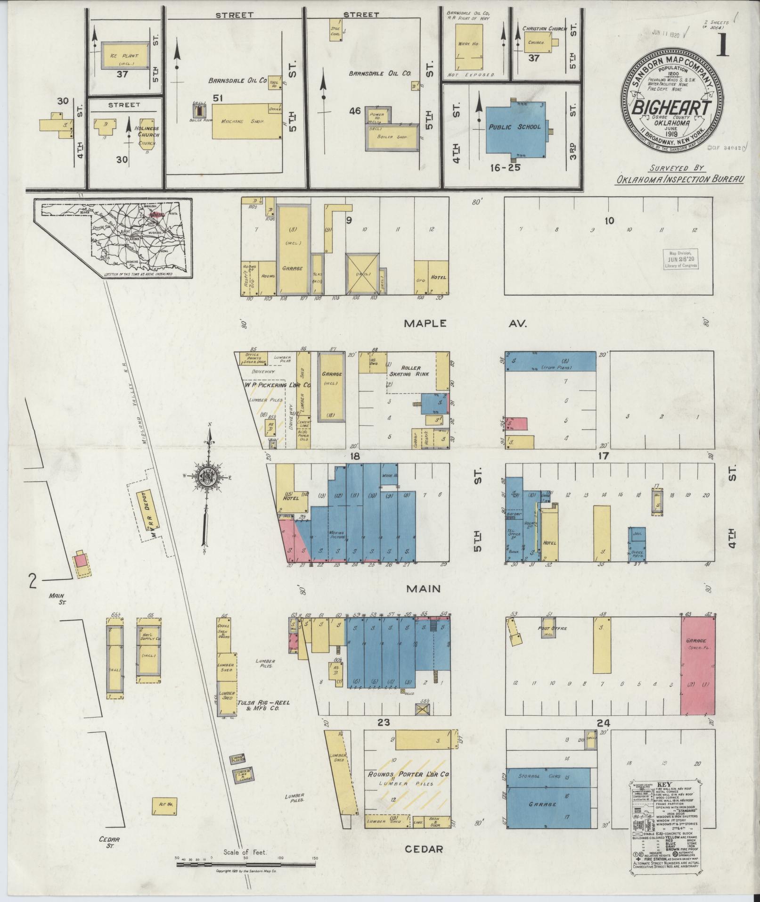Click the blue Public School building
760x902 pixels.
point(516,129)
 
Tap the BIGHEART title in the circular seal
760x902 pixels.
point(671,108)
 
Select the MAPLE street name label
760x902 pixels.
point(425,323)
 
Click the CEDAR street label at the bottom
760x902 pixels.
point(424,849)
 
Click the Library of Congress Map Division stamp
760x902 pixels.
point(681,259)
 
